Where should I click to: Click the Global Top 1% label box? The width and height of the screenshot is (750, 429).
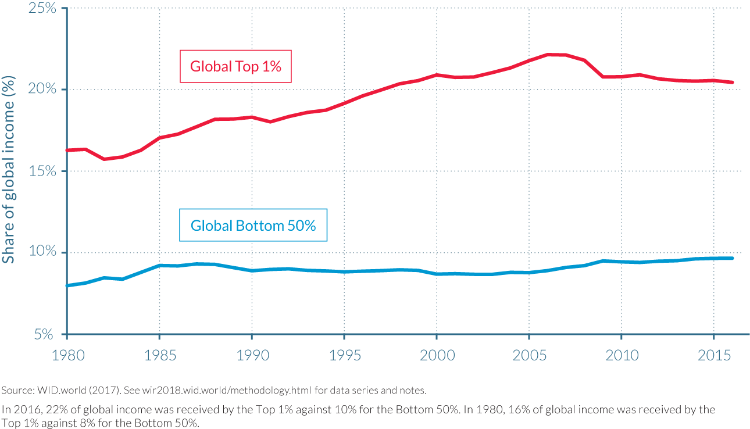coord(235,66)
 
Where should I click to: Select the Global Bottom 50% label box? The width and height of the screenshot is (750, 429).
coord(253,225)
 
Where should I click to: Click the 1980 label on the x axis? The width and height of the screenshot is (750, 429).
coord(67,354)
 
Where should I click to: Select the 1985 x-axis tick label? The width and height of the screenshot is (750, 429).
coord(159,354)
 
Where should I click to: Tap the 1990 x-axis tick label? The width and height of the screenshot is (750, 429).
coord(251,354)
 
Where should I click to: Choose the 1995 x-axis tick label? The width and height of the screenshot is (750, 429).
coord(344,354)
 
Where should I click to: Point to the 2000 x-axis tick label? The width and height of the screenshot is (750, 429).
coord(436,354)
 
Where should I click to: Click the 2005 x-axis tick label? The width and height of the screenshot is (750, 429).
coord(528,354)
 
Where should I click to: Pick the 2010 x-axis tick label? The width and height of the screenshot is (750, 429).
coord(621,354)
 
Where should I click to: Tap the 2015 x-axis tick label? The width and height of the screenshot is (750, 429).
coord(713,354)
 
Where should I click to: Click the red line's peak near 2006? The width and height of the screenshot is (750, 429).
coord(548,55)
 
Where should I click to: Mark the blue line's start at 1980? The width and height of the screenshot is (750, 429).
coord(67,285)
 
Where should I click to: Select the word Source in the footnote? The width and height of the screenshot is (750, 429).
coord(16,389)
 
